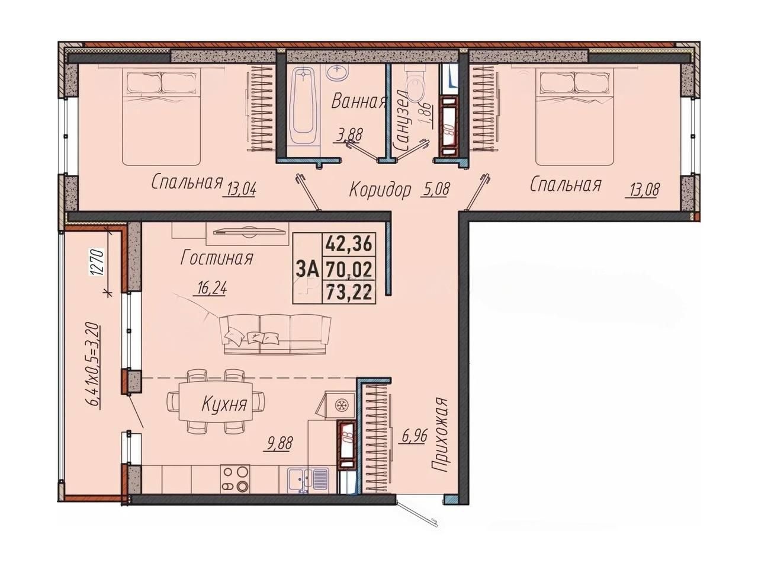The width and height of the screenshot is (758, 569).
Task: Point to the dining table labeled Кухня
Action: coord(215,401)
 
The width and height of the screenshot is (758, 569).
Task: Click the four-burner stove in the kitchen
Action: coord(235,478)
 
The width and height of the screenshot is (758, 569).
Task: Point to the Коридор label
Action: coord(380,190)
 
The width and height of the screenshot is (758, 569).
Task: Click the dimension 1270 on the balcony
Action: coord(97,262)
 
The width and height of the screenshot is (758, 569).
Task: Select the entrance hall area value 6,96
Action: coord(415,436)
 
